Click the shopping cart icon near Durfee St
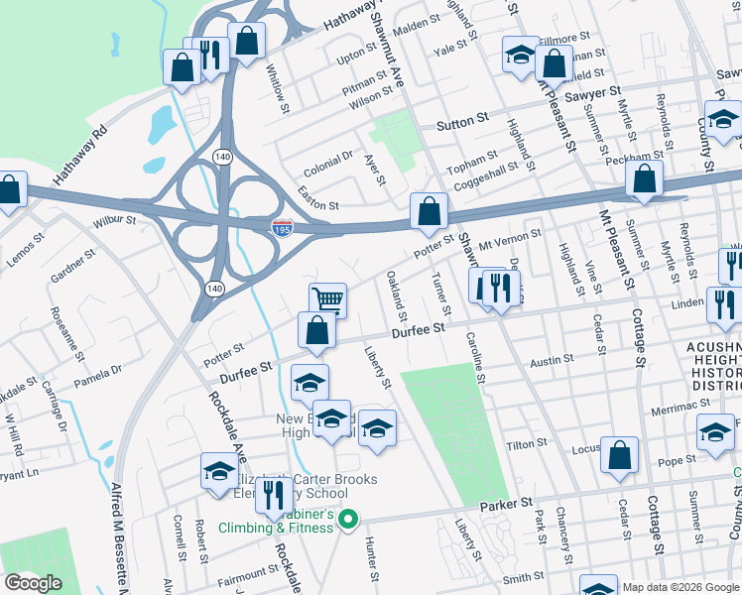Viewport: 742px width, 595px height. click(x=327, y=298)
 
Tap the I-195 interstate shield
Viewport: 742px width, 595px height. click(x=283, y=228)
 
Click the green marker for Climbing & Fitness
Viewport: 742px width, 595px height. click(x=347, y=519)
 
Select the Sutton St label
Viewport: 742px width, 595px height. click(x=463, y=126)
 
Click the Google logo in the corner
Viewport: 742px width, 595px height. click(x=34, y=582)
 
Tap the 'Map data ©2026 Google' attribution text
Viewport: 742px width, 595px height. click(x=680, y=587)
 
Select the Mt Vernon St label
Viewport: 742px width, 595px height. click(x=510, y=238)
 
